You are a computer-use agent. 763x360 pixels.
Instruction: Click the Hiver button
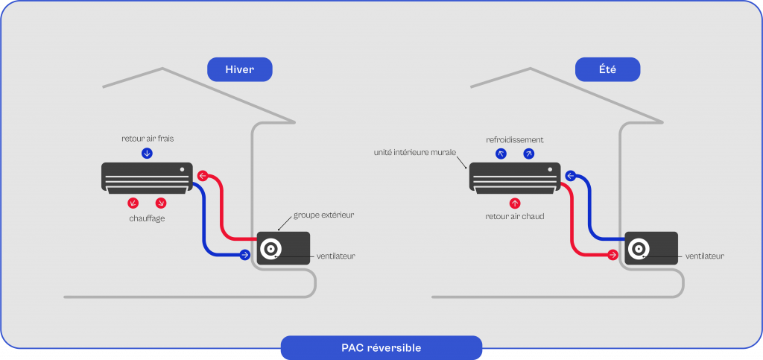click(239, 69)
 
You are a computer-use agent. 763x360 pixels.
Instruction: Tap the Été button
click(607, 69)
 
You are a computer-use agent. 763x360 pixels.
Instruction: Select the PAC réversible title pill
click(381, 347)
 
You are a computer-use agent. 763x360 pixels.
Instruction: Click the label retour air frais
click(147, 139)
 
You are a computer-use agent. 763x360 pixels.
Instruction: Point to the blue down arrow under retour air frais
click(147, 154)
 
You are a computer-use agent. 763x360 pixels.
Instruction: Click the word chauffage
click(147, 218)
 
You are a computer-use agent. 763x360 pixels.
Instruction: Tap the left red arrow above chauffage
click(133, 203)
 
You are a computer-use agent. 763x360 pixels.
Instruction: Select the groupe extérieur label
click(323, 215)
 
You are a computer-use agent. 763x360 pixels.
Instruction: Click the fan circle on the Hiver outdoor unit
click(270, 248)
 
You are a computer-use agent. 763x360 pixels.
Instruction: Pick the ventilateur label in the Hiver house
click(335, 256)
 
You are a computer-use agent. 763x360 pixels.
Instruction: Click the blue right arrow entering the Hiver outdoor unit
click(244, 256)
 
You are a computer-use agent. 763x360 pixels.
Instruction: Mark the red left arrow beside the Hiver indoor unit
click(202, 177)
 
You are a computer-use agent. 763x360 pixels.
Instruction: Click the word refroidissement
click(514, 139)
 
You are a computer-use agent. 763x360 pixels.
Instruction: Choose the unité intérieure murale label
click(415, 152)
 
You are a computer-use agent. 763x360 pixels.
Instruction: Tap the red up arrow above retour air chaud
click(514, 202)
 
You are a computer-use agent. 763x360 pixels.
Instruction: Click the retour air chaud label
click(514, 217)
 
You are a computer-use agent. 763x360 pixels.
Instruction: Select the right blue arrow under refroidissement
click(528, 154)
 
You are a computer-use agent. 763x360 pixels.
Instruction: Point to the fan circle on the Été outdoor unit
click(639, 248)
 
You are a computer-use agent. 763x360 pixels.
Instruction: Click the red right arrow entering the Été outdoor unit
click(612, 256)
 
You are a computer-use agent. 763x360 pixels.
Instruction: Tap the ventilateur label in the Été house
click(704, 256)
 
